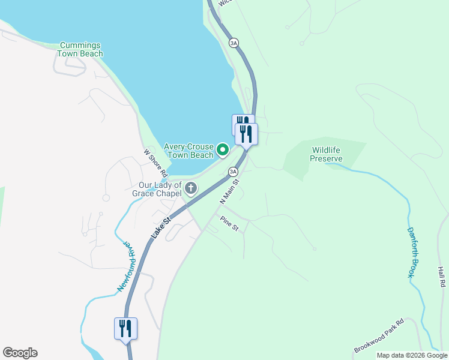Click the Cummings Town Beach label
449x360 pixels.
coord(80,49)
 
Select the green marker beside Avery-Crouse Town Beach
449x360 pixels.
coord(223,149)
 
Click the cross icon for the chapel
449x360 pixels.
coord(191,189)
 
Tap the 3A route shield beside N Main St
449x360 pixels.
coord(234,172)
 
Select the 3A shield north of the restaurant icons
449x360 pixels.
coord(234,42)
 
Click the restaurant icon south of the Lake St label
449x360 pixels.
coord(125,329)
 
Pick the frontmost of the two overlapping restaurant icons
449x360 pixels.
coord(246,133)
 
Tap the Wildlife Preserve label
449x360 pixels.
coord(326,155)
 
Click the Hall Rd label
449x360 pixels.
coord(441,276)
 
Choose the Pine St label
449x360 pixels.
coord(229,224)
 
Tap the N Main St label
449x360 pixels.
coord(229,191)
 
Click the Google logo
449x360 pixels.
coord(20,353)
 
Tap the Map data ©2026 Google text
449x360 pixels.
coord(412,355)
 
